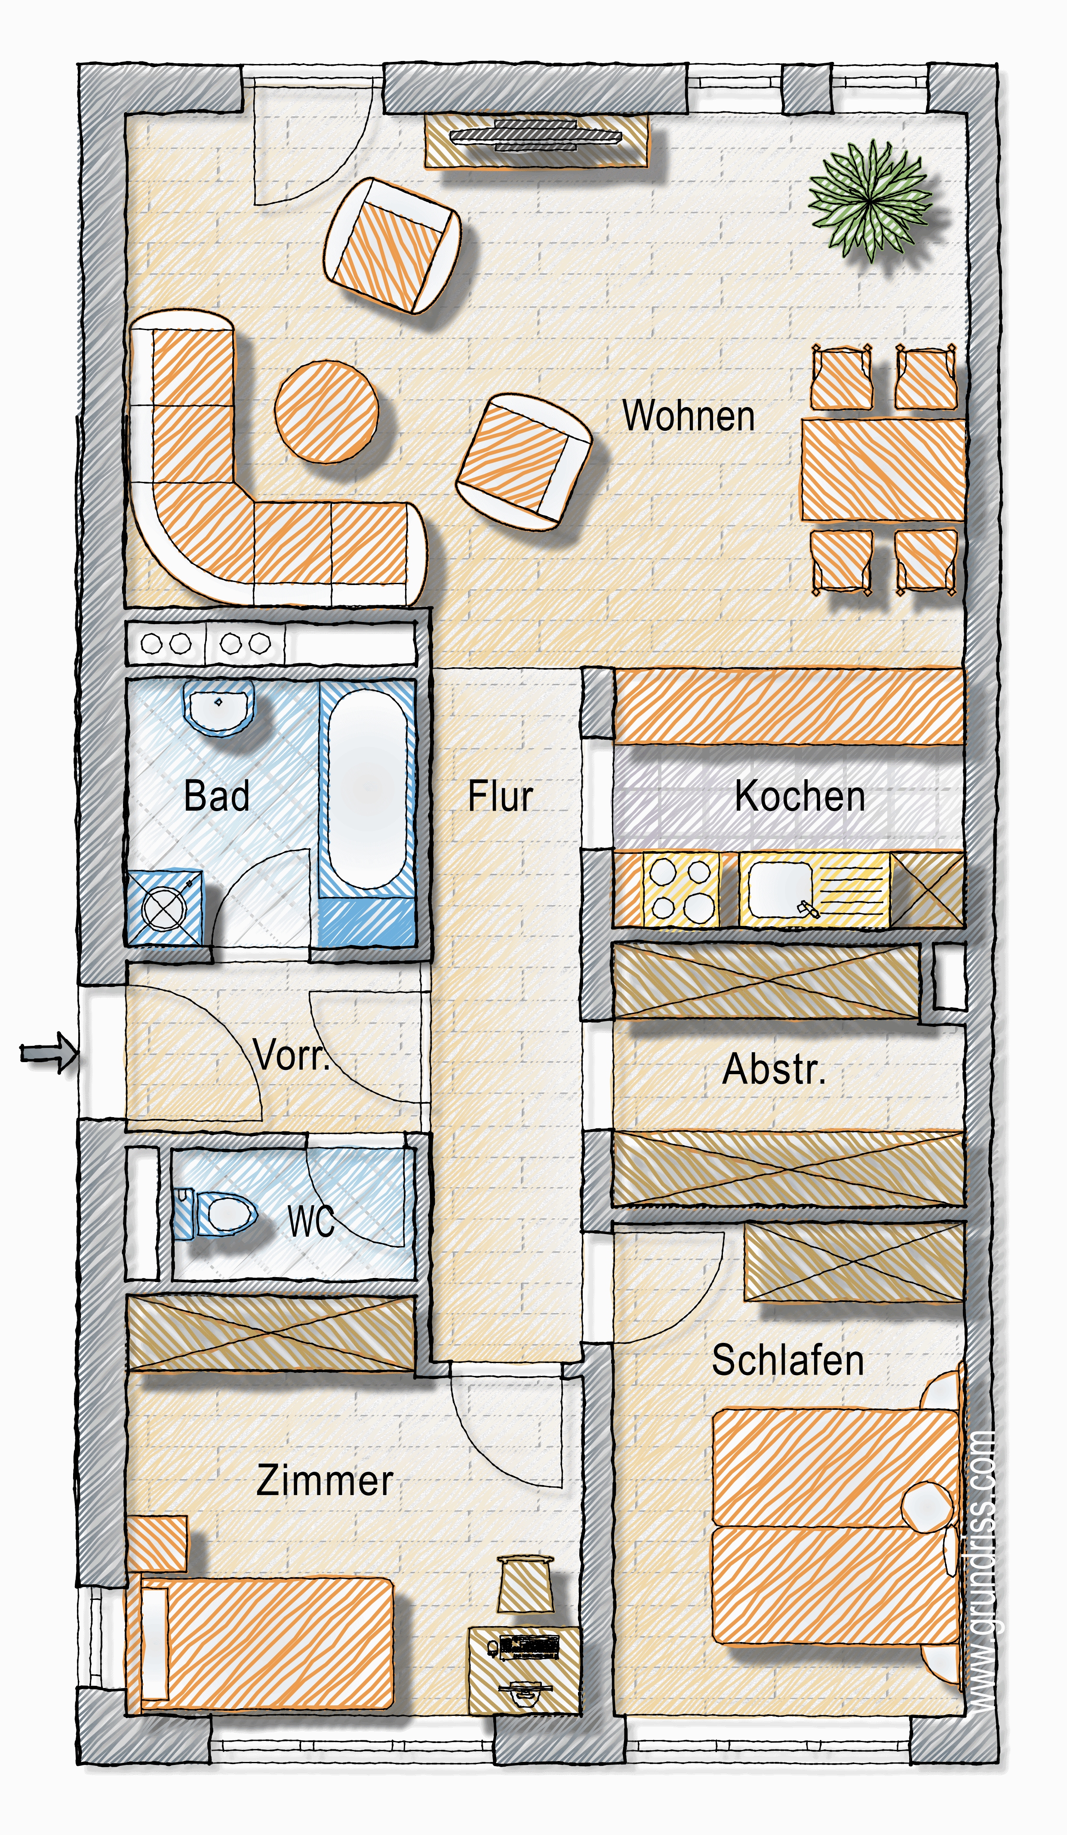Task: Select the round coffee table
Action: point(326,411)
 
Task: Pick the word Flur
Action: point(500,796)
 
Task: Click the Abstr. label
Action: point(774,1070)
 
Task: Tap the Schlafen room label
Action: point(788,1360)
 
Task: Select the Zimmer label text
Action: point(325,1481)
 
